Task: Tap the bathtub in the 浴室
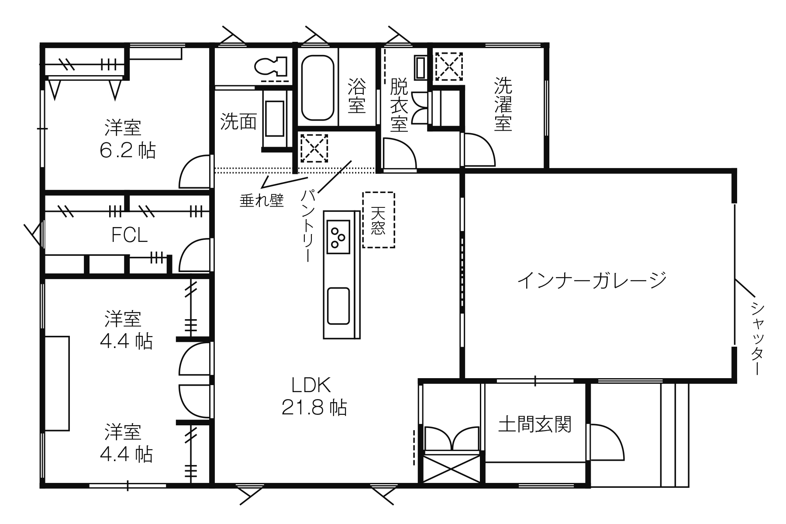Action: (x=317, y=87)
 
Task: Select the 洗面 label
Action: (x=238, y=122)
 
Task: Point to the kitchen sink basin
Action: (x=338, y=306)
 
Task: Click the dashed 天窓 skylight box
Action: (x=379, y=220)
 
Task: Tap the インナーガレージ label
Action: (x=592, y=280)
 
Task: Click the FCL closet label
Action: (x=130, y=236)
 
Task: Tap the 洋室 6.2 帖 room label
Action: (x=127, y=139)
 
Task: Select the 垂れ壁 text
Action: (x=262, y=200)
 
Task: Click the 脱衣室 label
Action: (x=399, y=105)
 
